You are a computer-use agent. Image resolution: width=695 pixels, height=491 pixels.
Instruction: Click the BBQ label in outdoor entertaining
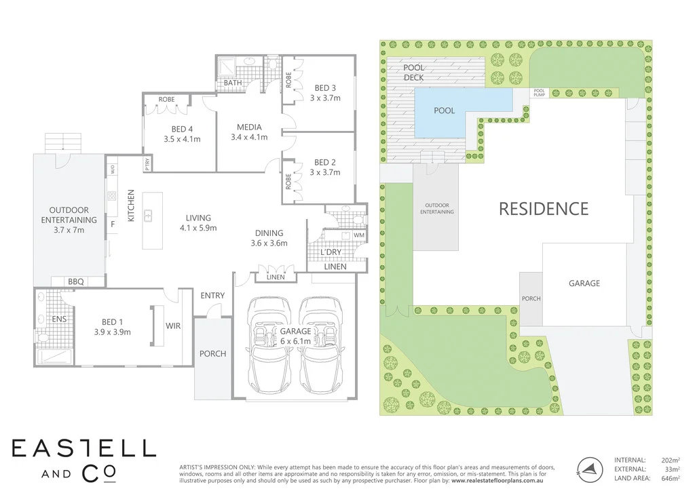click(x=75, y=281)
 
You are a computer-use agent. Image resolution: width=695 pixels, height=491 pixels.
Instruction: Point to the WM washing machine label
click(x=358, y=235)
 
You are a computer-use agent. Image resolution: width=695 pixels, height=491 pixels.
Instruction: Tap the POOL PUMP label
click(x=540, y=93)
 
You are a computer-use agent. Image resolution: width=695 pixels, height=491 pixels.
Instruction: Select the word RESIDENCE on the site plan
click(x=544, y=208)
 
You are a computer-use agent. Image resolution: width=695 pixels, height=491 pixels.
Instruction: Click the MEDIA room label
click(x=249, y=127)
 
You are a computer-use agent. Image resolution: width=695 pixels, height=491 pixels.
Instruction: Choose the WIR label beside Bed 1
click(x=173, y=326)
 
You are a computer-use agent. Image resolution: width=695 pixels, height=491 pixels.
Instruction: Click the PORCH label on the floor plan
click(x=212, y=353)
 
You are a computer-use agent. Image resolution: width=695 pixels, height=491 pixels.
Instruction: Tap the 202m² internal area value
click(x=670, y=460)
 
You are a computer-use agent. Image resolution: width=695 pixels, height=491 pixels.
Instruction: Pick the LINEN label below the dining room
click(x=275, y=277)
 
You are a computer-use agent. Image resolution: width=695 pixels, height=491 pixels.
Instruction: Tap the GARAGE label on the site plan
click(x=584, y=283)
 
